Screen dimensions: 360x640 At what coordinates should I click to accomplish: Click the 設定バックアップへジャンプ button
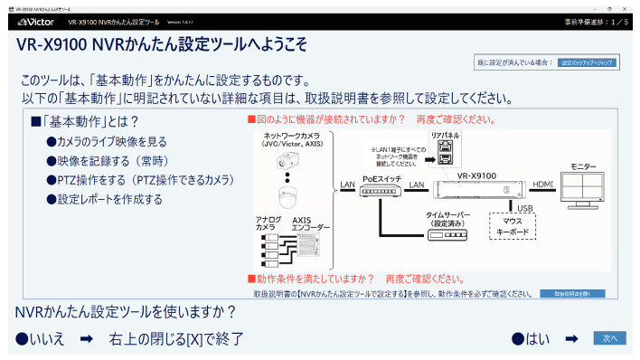point(587,62)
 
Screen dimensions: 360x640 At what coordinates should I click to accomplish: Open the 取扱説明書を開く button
point(572,294)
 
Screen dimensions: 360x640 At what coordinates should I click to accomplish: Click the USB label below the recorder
point(526,209)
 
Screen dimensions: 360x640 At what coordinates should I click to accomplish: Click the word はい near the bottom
point(537,338)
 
